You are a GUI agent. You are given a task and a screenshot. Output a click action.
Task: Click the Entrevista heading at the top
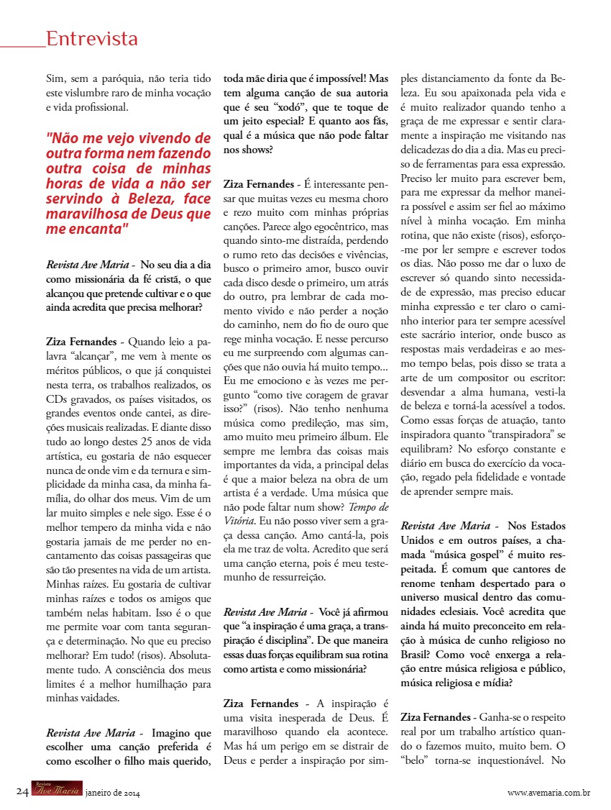pos(91,38)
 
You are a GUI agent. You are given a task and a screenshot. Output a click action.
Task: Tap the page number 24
pos(22,792)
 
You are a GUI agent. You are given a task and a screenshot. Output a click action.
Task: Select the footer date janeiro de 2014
pos(112,793)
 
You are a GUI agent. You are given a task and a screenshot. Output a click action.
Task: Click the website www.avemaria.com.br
pos(548,793)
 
